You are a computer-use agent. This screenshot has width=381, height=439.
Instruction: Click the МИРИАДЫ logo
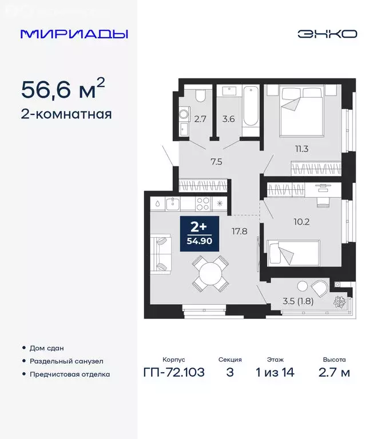click(74, 33)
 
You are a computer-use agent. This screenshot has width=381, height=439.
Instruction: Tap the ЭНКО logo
click(327, 33)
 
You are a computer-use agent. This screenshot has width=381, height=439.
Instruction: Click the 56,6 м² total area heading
click(63, 89)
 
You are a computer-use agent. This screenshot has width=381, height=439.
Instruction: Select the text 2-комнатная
click(66, 114)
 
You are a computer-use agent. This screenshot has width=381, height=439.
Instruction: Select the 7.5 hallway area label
click(216, 161)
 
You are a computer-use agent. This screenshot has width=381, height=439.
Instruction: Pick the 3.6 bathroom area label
click(228, 119)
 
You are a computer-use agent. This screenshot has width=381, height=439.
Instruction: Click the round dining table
click(211, 273)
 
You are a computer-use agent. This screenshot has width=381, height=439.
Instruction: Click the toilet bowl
click(200, 95)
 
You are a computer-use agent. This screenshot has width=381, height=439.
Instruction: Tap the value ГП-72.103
click(174, 373)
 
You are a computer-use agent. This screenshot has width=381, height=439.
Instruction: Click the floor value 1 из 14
click(277, 373)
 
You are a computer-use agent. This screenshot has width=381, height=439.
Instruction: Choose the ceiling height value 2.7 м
click(333, 373)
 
